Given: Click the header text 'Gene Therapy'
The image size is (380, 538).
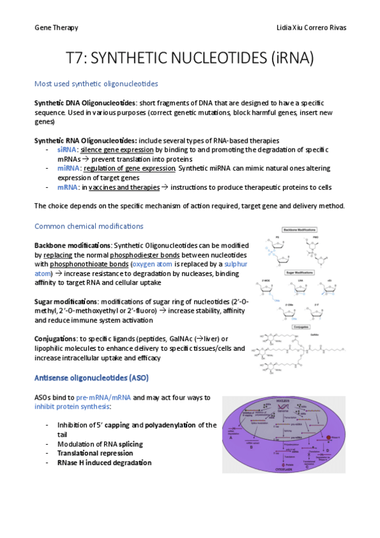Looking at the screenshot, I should [56, 28].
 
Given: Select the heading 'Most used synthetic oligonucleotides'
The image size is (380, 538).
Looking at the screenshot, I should [96, 84].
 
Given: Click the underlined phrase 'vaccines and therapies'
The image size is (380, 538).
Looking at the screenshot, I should [123, 187].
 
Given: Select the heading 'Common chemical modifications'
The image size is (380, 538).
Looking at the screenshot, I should [89, 226].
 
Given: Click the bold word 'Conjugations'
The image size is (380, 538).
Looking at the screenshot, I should [56, 339].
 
